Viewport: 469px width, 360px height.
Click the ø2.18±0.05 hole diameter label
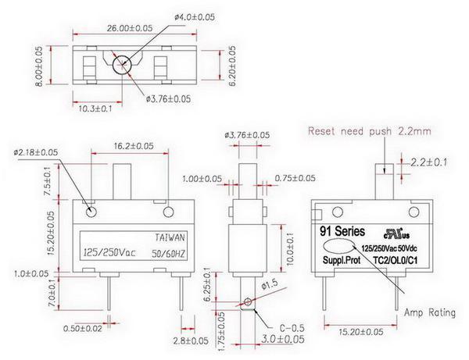click(x=36, y=151)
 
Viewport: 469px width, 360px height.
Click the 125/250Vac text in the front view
click(x=108, y=252)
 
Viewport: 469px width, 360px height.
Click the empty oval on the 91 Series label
click(x=338, y=244)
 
